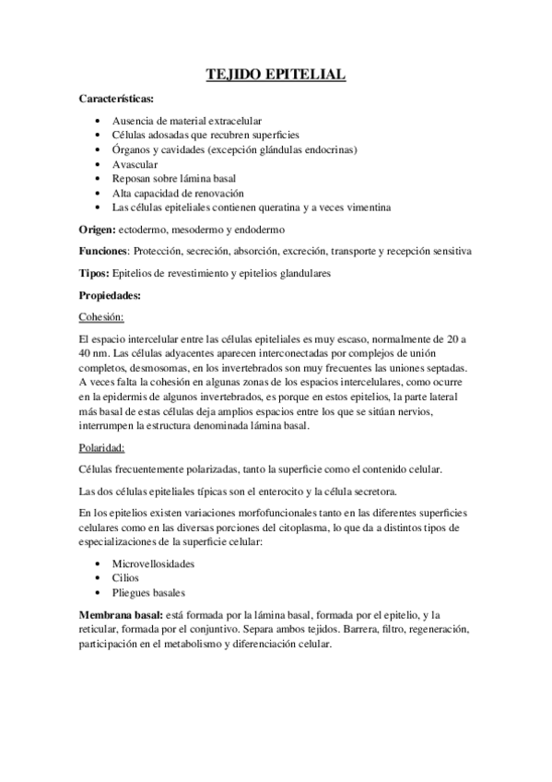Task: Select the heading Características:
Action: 117,98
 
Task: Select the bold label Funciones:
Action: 105,251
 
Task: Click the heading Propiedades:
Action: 111,295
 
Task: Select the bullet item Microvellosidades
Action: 154,563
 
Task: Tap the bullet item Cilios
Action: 126,577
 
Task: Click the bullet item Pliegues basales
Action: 148,592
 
